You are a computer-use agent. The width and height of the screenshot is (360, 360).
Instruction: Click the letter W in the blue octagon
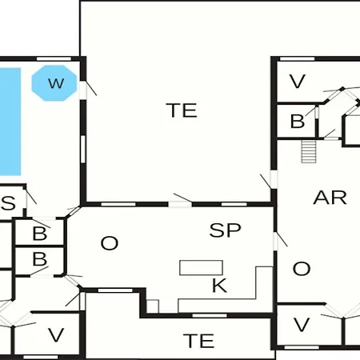click(x=56, y=83)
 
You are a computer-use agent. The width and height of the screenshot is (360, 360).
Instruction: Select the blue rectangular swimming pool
click(x=10, y=122)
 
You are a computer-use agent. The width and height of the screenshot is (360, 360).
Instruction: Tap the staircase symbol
click(x=309, y=151)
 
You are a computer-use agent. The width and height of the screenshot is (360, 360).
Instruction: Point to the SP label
click(x=226, y=230)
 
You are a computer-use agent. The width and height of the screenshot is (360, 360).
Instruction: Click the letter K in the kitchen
click(x=219, y=286)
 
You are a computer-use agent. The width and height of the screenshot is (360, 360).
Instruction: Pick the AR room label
click(x=330, y=198)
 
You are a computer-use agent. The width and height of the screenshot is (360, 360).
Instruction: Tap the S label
click(x=9, y=203)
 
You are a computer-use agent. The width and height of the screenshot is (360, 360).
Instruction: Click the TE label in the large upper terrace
click(x=182, y=110)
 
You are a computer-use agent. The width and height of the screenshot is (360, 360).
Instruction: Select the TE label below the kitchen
click(x=199, y=341)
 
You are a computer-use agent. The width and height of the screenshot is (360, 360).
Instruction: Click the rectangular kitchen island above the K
click(x=201, y=267)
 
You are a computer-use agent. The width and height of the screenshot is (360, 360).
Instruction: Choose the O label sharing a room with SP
click(x=110, y=243)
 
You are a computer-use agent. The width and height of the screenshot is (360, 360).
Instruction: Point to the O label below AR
click(x=302, y=269)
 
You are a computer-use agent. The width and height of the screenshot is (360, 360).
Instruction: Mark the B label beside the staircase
click(x=298, y=122)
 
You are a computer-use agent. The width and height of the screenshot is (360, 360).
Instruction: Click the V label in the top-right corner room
click(x=298, y=82)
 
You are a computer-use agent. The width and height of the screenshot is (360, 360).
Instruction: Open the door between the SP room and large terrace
click(x=180, y=201)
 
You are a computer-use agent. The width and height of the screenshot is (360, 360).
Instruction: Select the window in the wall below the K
click(x=210, y=316)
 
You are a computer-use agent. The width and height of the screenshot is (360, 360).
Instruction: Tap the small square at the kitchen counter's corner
click(x=153, y=306)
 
